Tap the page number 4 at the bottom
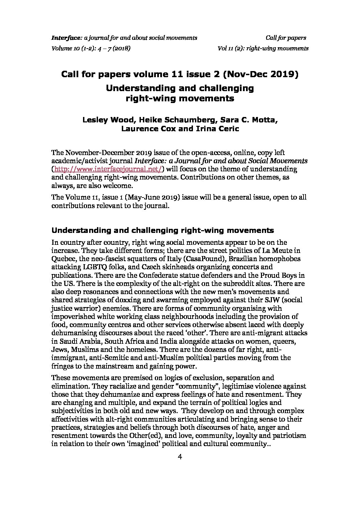click(x=180, y=457)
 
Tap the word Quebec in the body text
click(x=62, y=259)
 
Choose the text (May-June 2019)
click(x=153, y=198)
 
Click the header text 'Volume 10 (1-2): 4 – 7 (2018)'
click(x=91, y=48)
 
